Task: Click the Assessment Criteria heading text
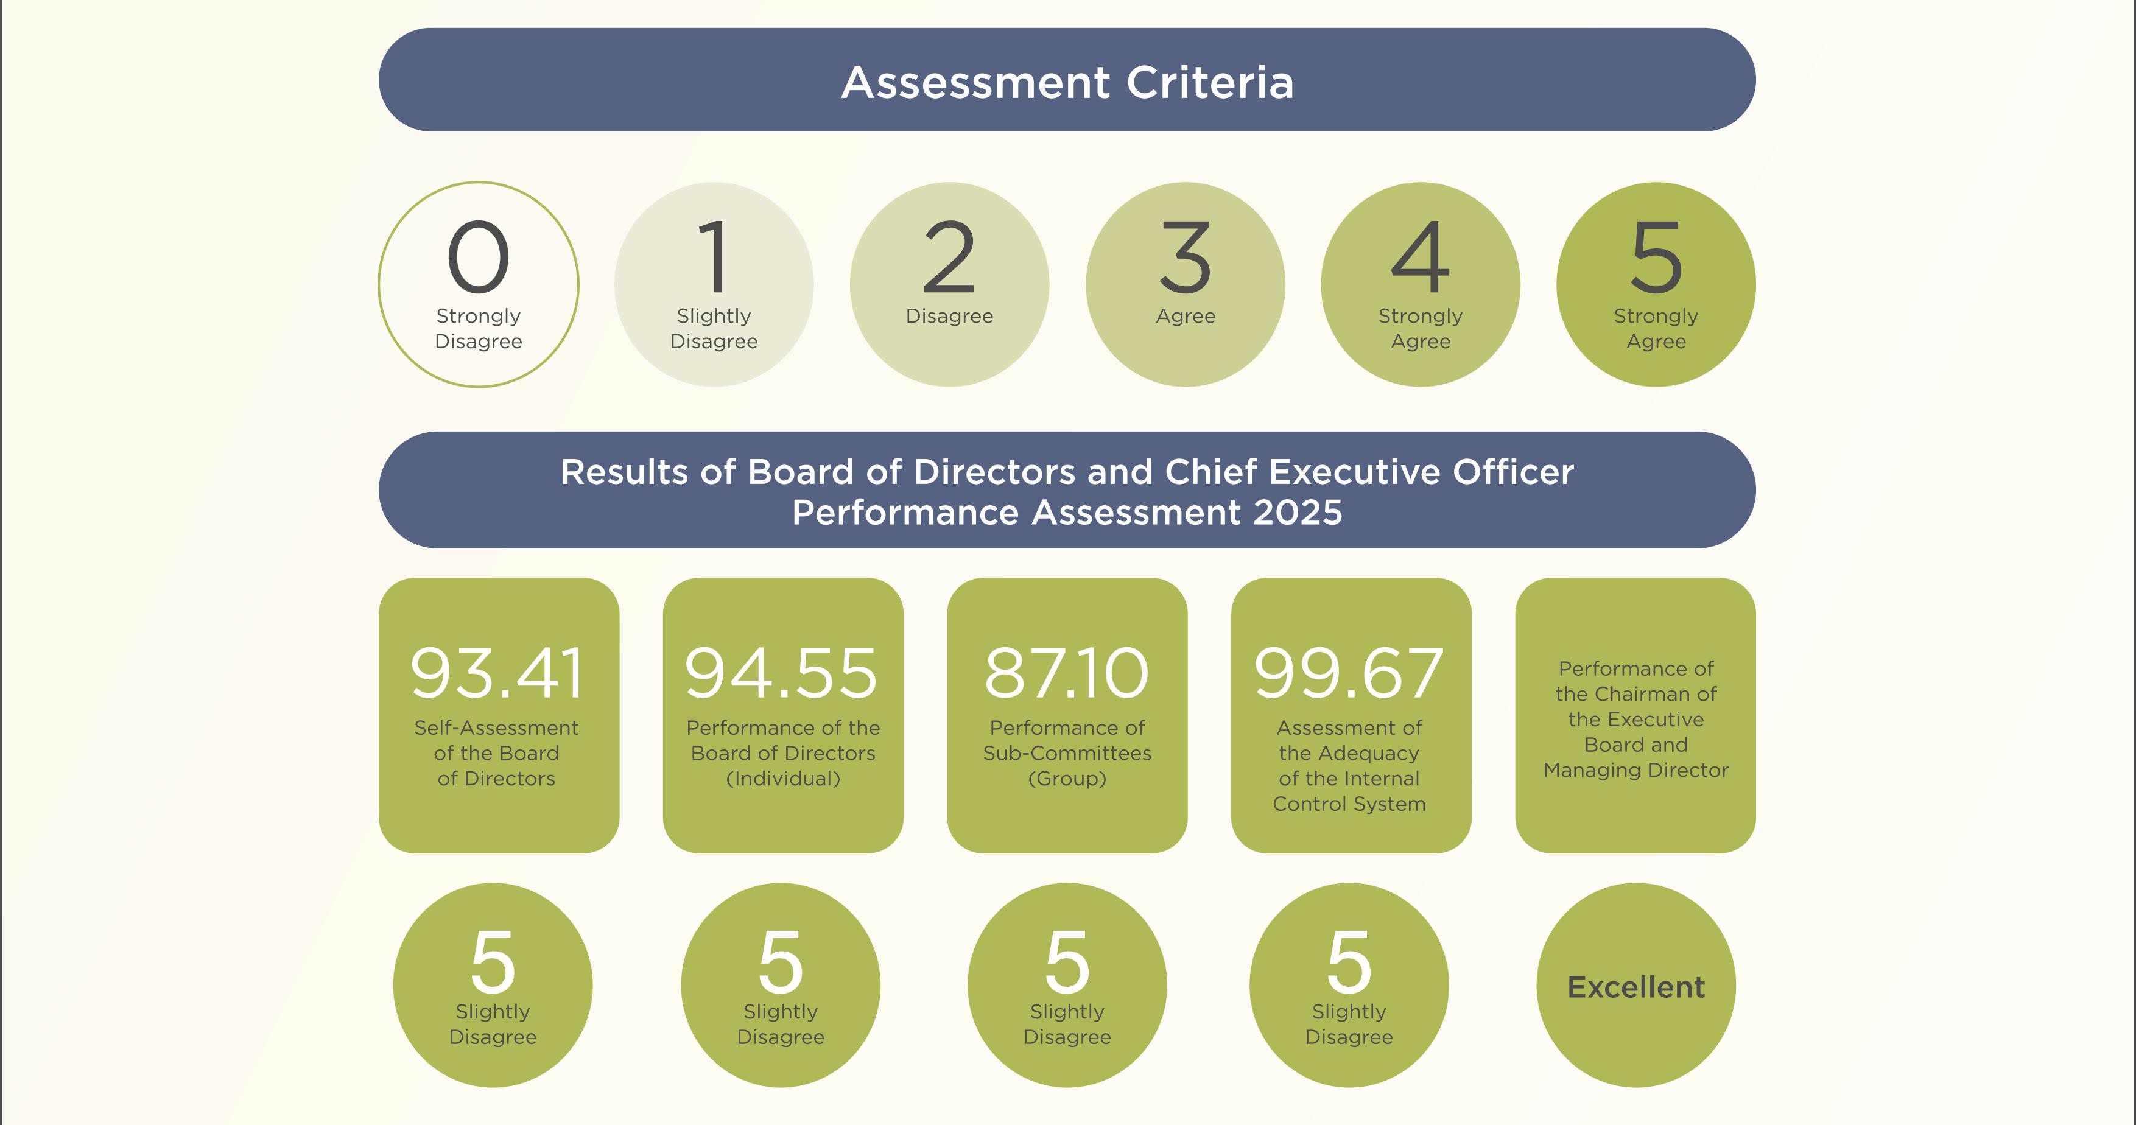tap(1067, 82)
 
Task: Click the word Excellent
tap(1636, 987)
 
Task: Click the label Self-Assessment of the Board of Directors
tap(497, 753)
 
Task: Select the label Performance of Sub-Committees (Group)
tap(1067, 753)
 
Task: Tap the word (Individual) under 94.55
tap(783, 779)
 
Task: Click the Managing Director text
tap(1636, 770)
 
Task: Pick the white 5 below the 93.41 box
tap(493, 962)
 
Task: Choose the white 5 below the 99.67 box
tap(1349, 962)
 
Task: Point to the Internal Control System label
tap(1349, 791)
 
